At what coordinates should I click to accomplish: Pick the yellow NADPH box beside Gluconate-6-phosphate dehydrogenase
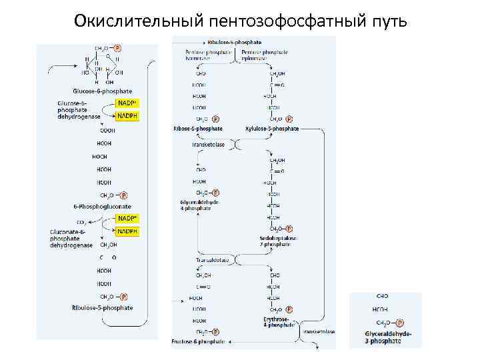tap(127, 231)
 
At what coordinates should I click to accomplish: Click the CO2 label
tap(81, 222)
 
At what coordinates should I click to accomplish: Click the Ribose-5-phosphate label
tap(198, 129)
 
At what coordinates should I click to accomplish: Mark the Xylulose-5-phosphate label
tap(272, 129)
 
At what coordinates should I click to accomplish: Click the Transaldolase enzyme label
tap(212, 260)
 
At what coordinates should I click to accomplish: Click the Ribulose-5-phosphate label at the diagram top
tap(234, 41)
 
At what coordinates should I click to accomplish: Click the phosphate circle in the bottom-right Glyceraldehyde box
tap(399, 323)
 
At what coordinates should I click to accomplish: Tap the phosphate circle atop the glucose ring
tap(117, 48)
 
